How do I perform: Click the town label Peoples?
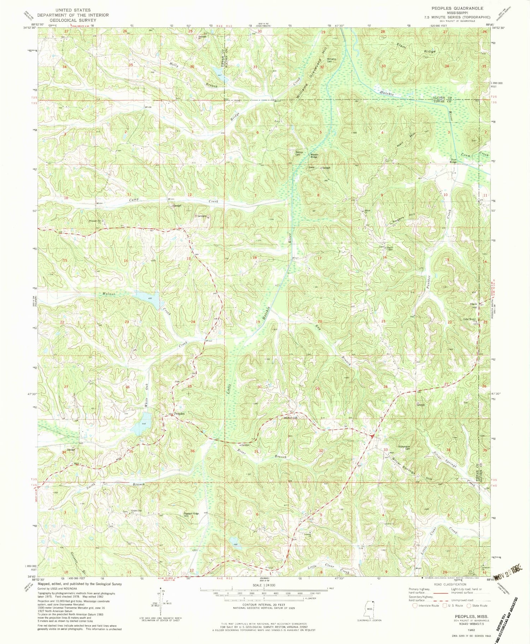(179, 413)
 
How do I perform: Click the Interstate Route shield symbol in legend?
(414, 605)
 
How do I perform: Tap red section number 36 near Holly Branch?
(192, 66)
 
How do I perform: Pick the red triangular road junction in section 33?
(371, 436)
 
